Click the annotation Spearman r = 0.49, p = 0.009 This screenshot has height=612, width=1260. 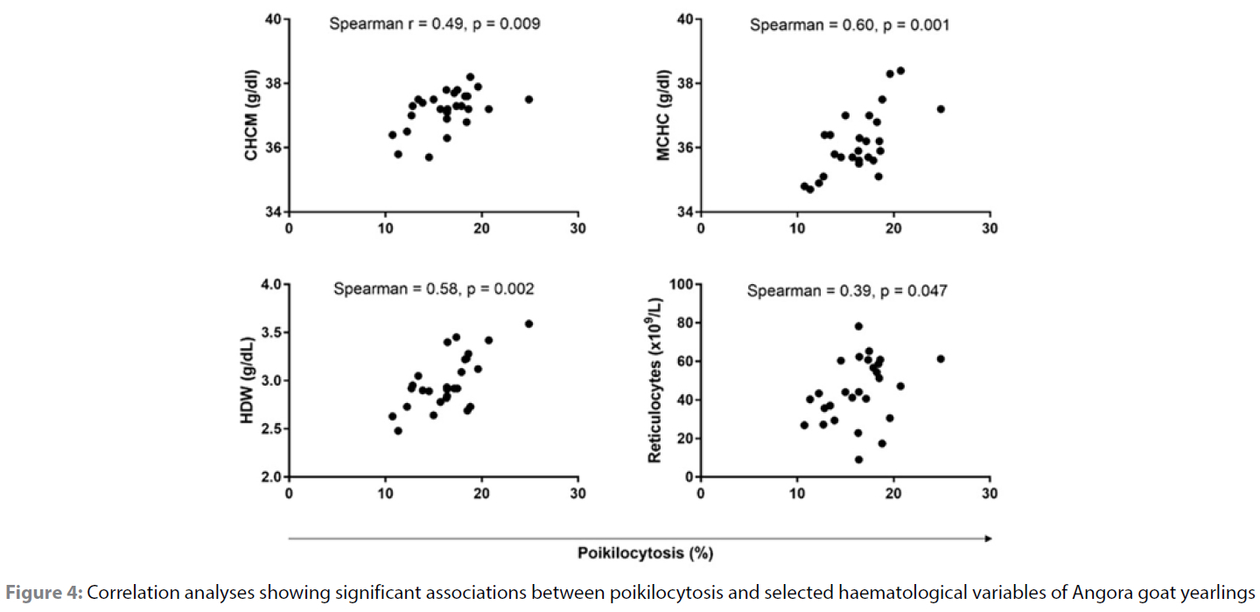(435, 24)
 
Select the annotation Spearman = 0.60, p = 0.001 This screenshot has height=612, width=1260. (849, 24)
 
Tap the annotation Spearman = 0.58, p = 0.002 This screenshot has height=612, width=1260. (433, 289)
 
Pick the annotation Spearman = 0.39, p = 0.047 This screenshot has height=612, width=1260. (847, 291)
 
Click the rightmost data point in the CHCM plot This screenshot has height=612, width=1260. (528, 100)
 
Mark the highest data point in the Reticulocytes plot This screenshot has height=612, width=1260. (858, 326)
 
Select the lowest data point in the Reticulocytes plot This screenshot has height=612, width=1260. (858, 460)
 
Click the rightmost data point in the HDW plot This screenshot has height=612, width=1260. (528, 323)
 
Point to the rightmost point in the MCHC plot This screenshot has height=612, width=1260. (941, 109)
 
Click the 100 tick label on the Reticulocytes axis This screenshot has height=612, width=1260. (681, 285)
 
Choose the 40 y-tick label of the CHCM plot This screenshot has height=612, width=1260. (273, 19)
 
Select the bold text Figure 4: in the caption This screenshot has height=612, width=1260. (44, 593)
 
